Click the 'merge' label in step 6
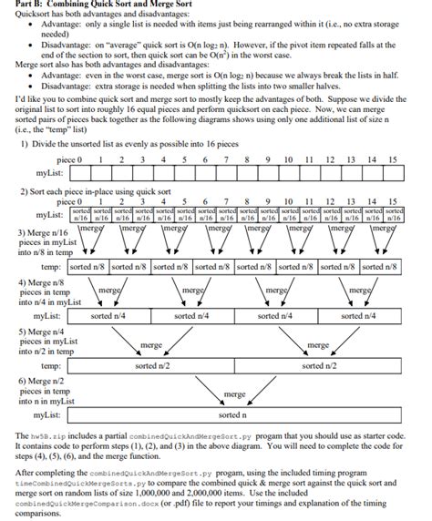[234, 395]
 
